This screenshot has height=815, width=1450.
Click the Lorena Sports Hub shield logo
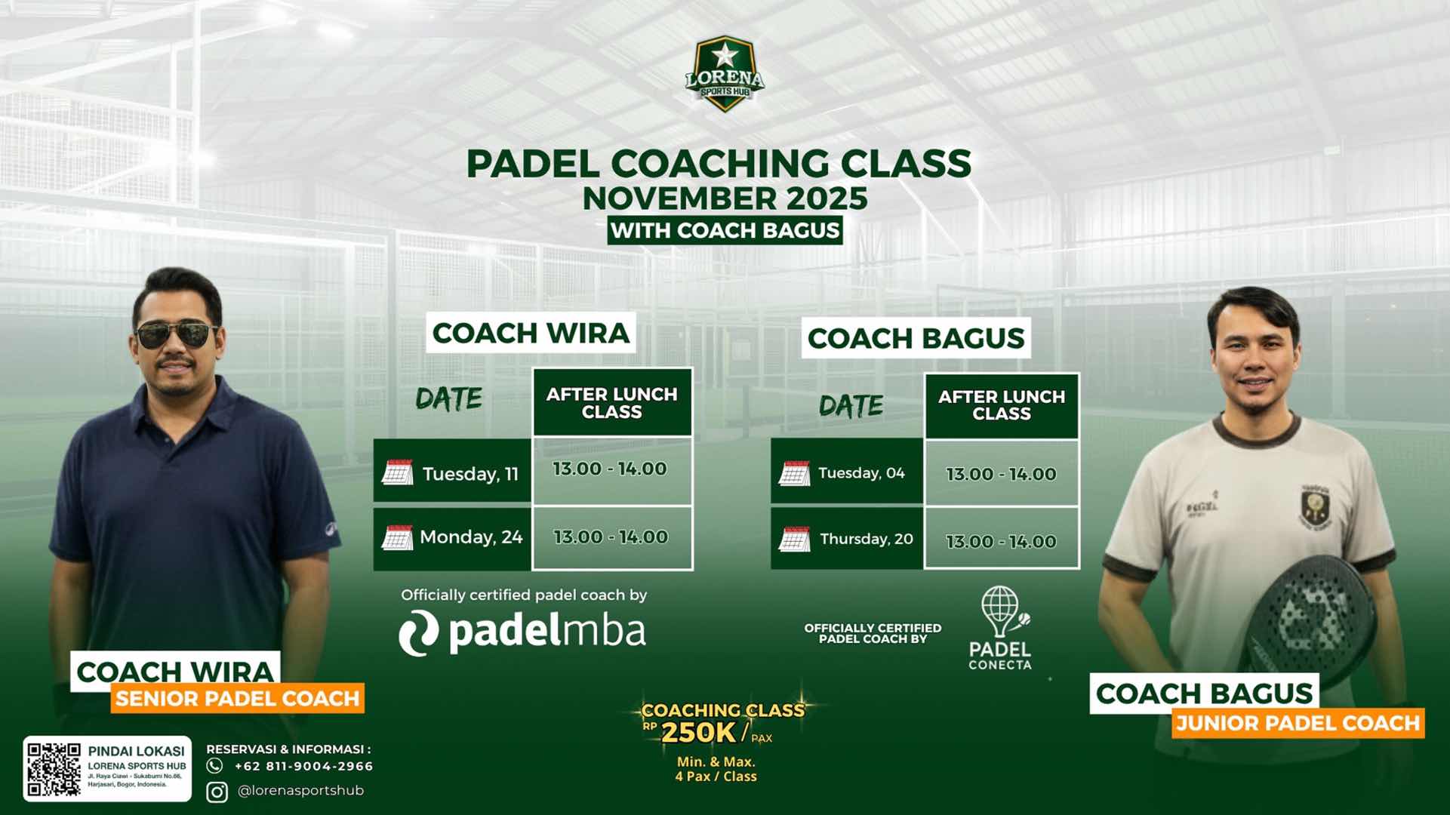pyautogui.click(x=725, y=74)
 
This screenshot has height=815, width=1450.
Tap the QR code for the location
pyautogui.click(x=54, y=769)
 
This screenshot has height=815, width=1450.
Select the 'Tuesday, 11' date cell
pyautogui.click(x=452, y=471)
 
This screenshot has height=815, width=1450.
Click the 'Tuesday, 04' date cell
pyautogui.click(x=847, y=472)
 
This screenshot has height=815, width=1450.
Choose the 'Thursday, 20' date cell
pyautogui.click(x=847, y=538)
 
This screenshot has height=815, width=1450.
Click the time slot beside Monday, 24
pyautogui.click(x=612, y=537)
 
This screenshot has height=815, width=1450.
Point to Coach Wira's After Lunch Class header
pyautogui.click(x=612, y=402)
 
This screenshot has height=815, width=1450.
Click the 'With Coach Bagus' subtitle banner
pyautogui.click(x=725, y=230)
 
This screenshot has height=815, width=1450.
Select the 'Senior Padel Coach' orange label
pyautogui.click(x=238, y=698)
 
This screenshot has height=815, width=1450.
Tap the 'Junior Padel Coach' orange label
pyautogui.click(x=1298, y=723)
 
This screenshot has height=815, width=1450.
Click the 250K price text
pyautogui.click(x=697, y=732)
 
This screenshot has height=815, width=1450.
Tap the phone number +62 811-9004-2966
pyautogui.click(x=303, y=766)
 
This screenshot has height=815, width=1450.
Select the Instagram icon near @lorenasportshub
pyautogui.click(x=217, y=792)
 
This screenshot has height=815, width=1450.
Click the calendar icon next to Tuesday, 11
pyautogui.click(x=397, y=472)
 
